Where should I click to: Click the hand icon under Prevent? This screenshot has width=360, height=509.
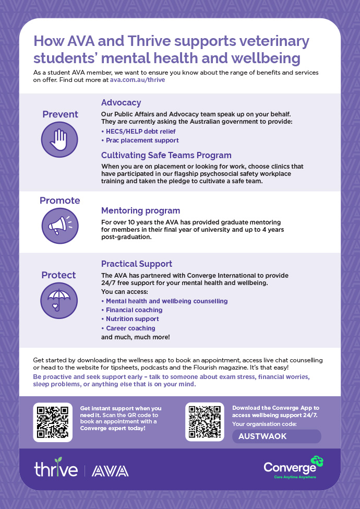coord(60,139)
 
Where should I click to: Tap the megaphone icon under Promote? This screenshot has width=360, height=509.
coord(60,226)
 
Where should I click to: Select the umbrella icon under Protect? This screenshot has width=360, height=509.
coord(59,300)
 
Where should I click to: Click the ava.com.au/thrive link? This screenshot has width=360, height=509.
coord(138,80)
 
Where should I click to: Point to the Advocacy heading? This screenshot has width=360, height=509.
coord(121,103)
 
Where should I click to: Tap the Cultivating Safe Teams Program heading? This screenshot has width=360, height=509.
coord(166,155)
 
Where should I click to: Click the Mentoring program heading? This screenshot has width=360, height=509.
coord(140,211)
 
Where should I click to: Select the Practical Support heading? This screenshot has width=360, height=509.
coord(137,264)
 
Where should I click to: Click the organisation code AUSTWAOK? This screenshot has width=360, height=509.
coord(262,436)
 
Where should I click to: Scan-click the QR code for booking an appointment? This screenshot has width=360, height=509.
coord(53,422)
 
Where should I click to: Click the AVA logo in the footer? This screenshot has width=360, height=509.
coord(110,471)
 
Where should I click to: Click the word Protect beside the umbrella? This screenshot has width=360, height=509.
coord(59,275)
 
